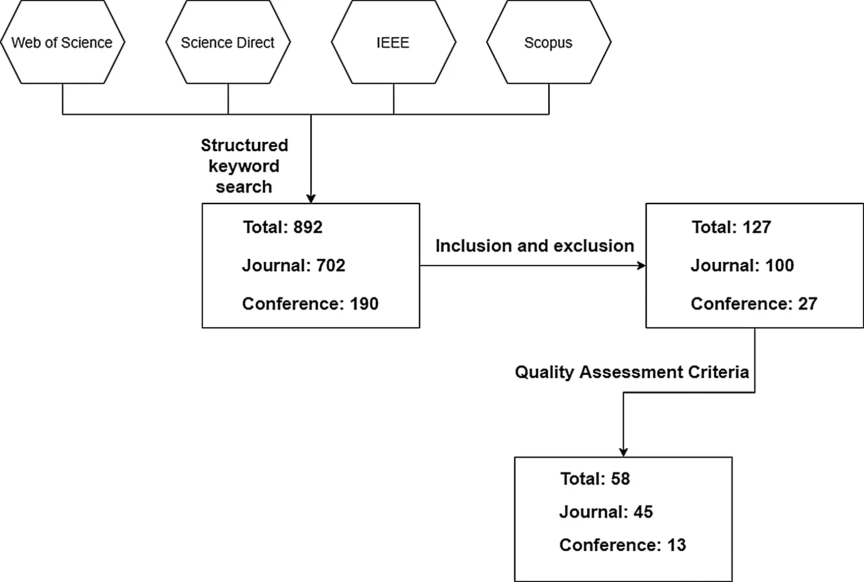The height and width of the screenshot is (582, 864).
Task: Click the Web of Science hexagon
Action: click(62, 42)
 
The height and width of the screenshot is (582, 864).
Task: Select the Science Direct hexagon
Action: click(228, 42)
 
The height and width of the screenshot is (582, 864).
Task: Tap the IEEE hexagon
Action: click(394, 42)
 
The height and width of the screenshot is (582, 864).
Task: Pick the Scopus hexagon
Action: click(549, 42)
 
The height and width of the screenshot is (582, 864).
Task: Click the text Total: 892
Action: click(283, 227)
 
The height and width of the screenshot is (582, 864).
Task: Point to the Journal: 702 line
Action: click(293, 265)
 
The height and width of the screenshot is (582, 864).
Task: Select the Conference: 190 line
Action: click(310, 303)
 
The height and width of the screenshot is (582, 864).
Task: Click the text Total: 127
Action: click(731, 227)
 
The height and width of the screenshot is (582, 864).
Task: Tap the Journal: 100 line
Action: click(742, 265)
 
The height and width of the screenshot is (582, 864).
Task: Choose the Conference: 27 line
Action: click(754, 303)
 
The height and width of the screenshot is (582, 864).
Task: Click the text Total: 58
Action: click(595, 478)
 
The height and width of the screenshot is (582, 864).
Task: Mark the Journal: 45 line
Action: click(606, 512)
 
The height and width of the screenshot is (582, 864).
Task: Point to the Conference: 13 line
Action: click(623, 545)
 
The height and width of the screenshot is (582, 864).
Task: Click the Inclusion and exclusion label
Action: click(535, 246)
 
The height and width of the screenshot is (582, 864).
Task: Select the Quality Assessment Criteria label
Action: click(632, 372)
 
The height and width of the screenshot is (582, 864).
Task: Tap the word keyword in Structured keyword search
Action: click(244, 166)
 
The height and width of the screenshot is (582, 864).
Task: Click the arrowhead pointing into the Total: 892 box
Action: click(311, 199)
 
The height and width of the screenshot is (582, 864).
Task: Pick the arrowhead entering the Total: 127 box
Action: click(641, 266)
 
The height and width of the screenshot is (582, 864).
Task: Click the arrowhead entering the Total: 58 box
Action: click(624, 453)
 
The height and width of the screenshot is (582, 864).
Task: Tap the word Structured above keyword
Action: click(244, 145)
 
